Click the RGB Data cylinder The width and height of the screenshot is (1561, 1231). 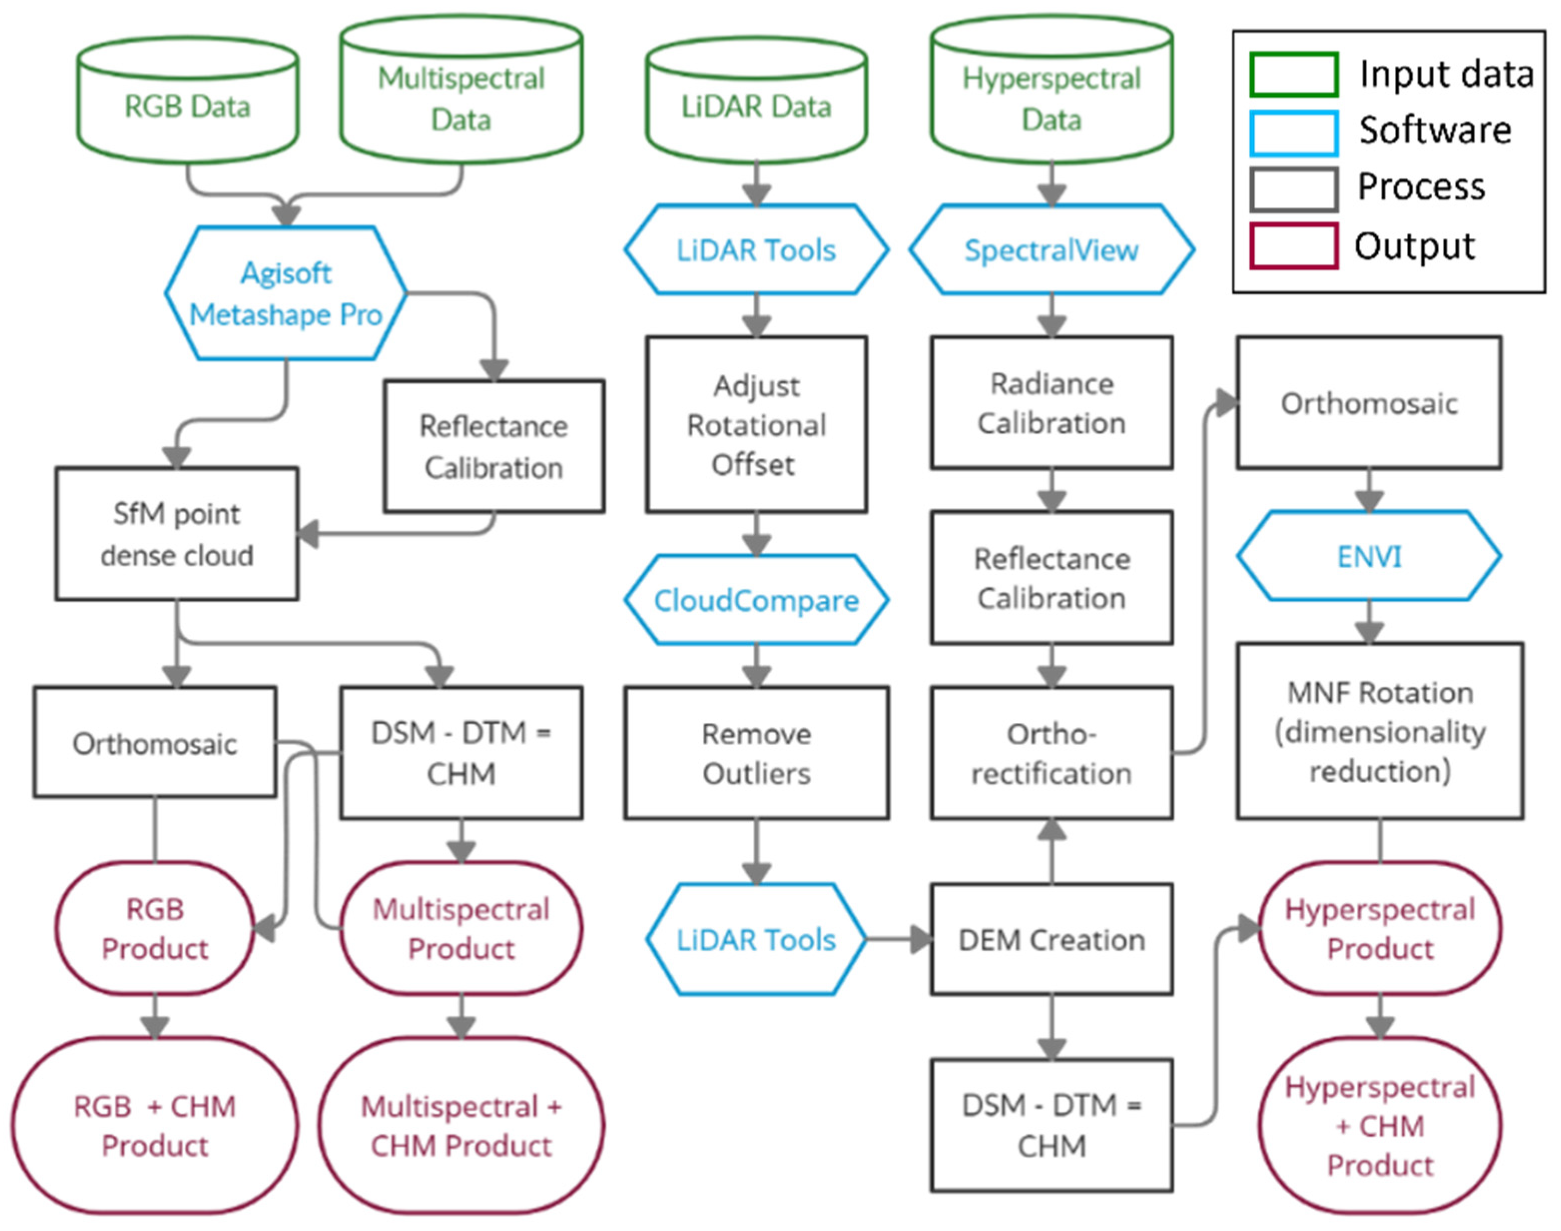tap(187, 107)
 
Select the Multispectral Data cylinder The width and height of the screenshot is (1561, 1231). tap(461, 97)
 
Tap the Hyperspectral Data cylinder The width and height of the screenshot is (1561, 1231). tap(1051, 97)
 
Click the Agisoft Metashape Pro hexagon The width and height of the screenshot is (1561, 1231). tap(285, 294)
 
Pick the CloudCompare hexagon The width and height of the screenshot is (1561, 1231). tap(756, 600)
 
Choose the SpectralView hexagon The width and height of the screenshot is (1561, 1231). tap(1051, 250)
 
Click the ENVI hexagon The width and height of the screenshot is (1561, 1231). tap(1369, 556)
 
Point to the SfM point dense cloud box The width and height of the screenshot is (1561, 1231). tap(177, 534)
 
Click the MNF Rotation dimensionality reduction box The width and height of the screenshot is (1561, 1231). tap(1379, 731)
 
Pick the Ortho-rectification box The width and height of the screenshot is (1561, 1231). tap(1051, 753)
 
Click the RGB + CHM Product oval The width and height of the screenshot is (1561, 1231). tap(154, 1125)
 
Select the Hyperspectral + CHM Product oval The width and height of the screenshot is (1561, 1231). tap(1379, 1125)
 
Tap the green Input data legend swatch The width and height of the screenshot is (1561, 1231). tap(1294, 74)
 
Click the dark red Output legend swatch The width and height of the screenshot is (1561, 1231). tap(1294, 247)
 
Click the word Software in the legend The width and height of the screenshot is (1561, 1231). tap(1434, 130)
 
